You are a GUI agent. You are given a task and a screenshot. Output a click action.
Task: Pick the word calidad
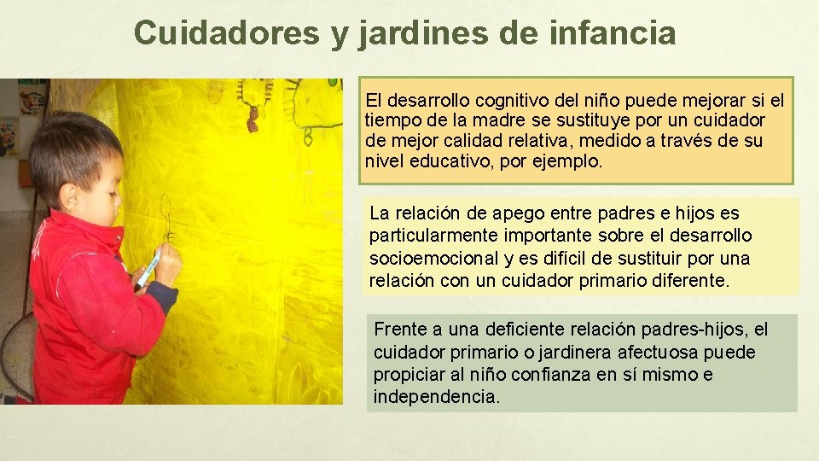465,141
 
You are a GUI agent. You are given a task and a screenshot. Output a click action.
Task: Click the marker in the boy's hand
148,268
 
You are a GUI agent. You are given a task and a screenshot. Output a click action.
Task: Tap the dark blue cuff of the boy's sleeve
163,295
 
